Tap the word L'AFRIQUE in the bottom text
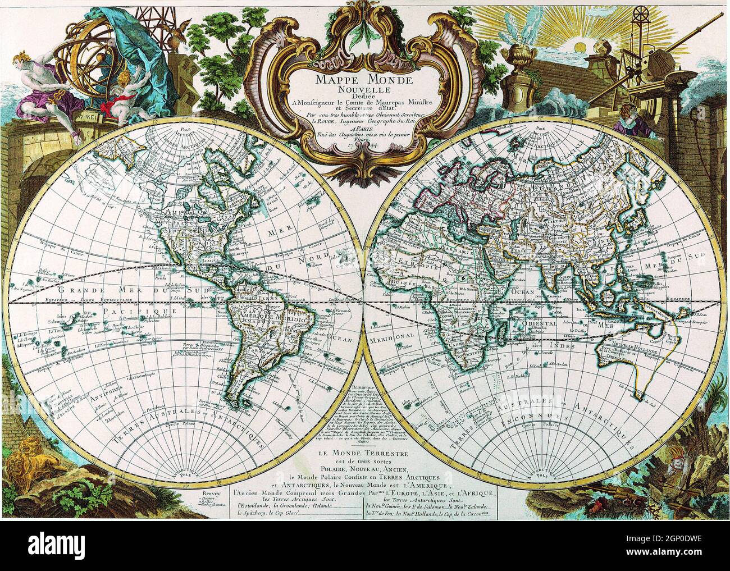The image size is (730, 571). click(x=474, y=493)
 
